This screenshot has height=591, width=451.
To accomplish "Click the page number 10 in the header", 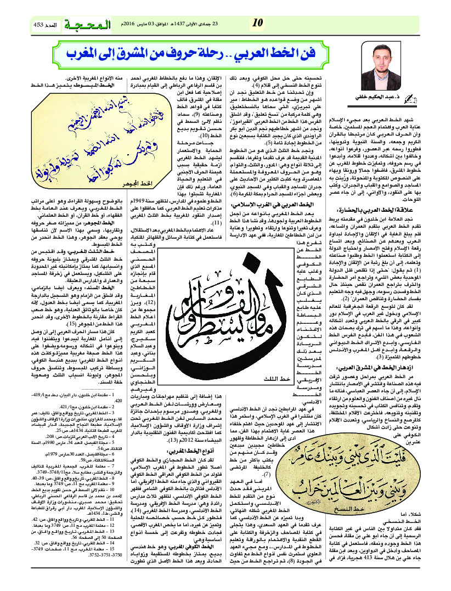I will [x=258, y=22].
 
